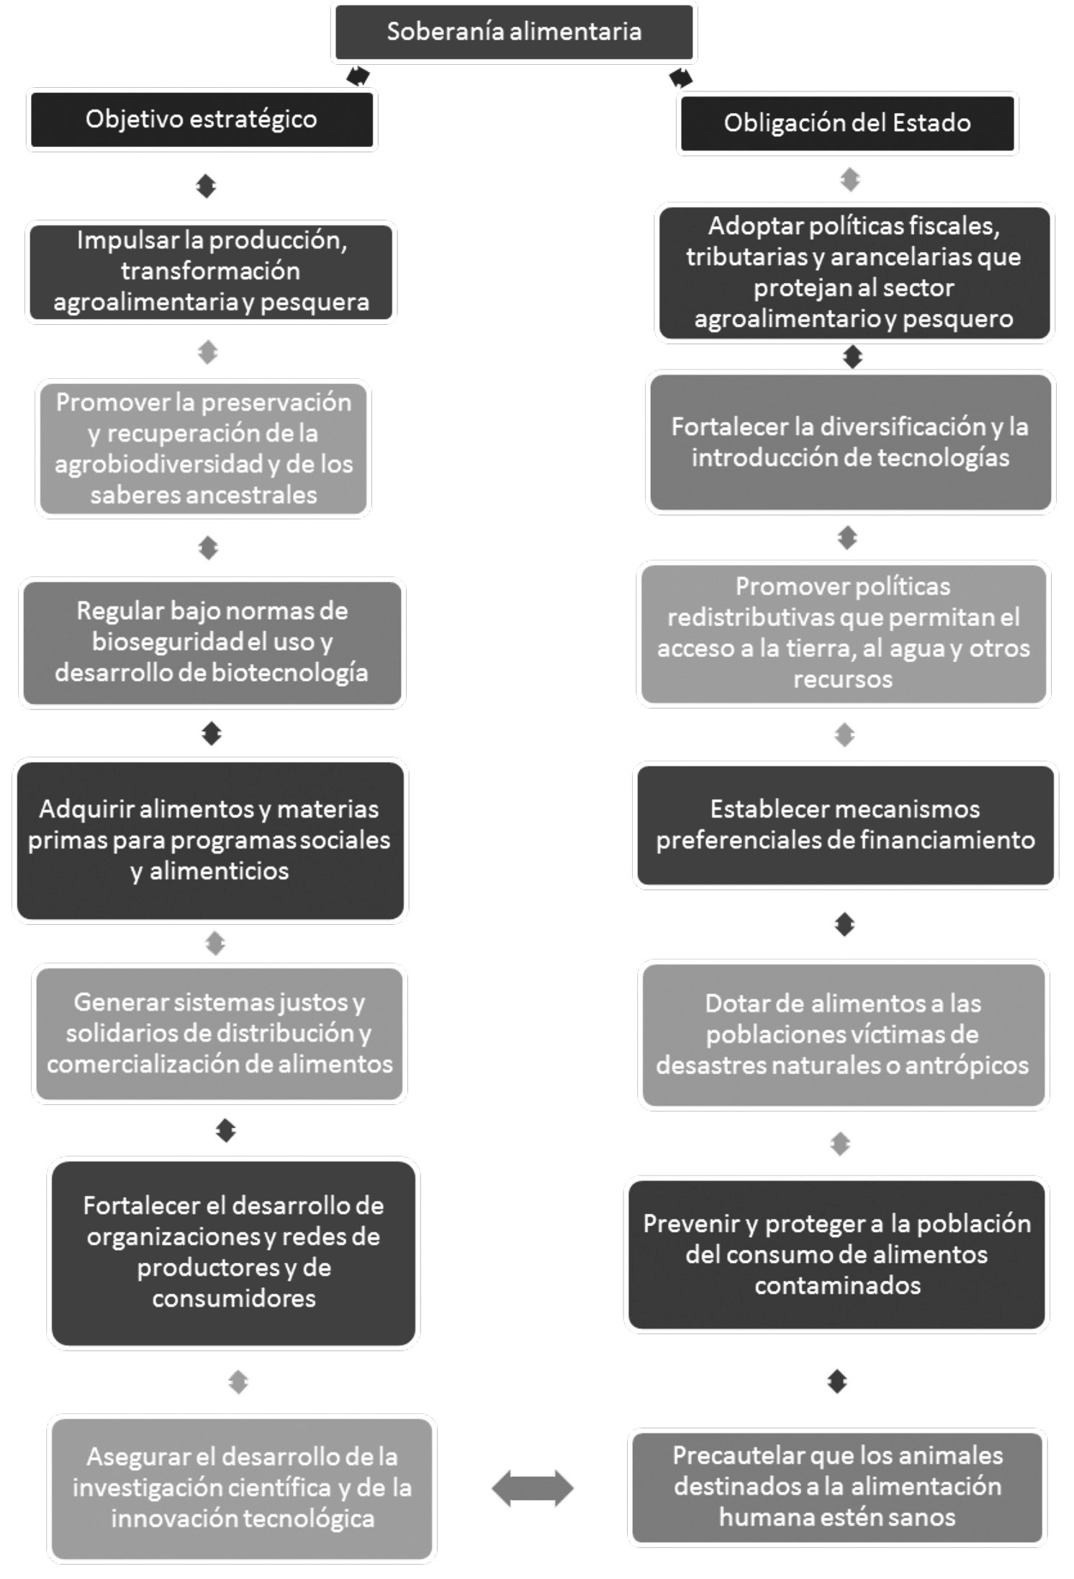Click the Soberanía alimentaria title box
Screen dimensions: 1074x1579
514,32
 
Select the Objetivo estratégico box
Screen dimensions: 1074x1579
202,120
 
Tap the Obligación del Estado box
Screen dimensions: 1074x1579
847,123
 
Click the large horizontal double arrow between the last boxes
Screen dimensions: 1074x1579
533,1488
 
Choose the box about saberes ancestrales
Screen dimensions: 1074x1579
203,448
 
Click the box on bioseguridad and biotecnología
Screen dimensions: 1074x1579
212,642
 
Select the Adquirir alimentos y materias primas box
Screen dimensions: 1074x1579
209,840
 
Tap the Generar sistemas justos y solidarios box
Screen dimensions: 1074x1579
220,1033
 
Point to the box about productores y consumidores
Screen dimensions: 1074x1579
233,1252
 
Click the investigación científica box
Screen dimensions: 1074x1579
242,1488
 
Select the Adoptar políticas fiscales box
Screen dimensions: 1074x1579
854,272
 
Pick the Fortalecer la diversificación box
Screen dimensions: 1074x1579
850,442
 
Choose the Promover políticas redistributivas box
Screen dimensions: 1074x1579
843,633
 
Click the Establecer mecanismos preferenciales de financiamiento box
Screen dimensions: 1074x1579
845,825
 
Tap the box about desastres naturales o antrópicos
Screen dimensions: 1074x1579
842,1034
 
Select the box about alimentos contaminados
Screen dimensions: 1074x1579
836,1254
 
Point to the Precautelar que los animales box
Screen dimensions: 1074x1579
837,1487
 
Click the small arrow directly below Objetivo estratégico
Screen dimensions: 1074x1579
206,187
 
